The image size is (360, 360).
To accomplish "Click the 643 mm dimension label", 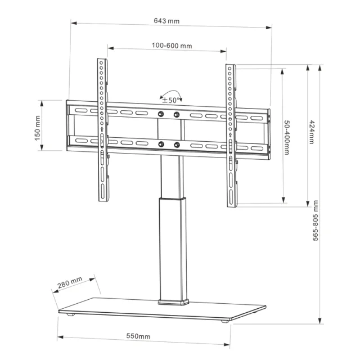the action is coord(166,21).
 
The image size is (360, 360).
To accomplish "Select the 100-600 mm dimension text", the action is coord(172,46).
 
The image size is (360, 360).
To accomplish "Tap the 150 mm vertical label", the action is coord(37,128).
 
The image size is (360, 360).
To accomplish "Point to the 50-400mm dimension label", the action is coord(287,137).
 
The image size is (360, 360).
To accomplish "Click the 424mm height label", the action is coord(311,132).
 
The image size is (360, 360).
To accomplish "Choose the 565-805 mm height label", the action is coord(316,220).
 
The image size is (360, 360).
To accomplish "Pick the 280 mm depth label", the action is coord(70,282).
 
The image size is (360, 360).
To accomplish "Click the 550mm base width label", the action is coord(138,336).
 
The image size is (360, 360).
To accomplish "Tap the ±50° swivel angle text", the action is coord(170,100).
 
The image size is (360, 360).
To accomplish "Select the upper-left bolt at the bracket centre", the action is coord(161,114).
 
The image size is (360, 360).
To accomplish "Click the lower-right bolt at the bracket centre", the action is coord(177,145).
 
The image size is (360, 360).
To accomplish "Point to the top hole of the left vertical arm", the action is coord(101,62).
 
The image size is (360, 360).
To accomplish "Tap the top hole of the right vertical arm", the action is coord(229,68).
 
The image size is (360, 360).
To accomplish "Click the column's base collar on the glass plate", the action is coord(173,302).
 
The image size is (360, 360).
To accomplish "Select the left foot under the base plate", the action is coord(71,314).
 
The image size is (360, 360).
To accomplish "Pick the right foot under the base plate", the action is coord(225,321).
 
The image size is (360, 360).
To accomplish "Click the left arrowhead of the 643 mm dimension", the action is coord(74,23).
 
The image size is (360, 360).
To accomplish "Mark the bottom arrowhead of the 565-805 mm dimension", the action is coord(320,321).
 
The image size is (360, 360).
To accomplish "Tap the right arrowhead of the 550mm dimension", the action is coord(227,344).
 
